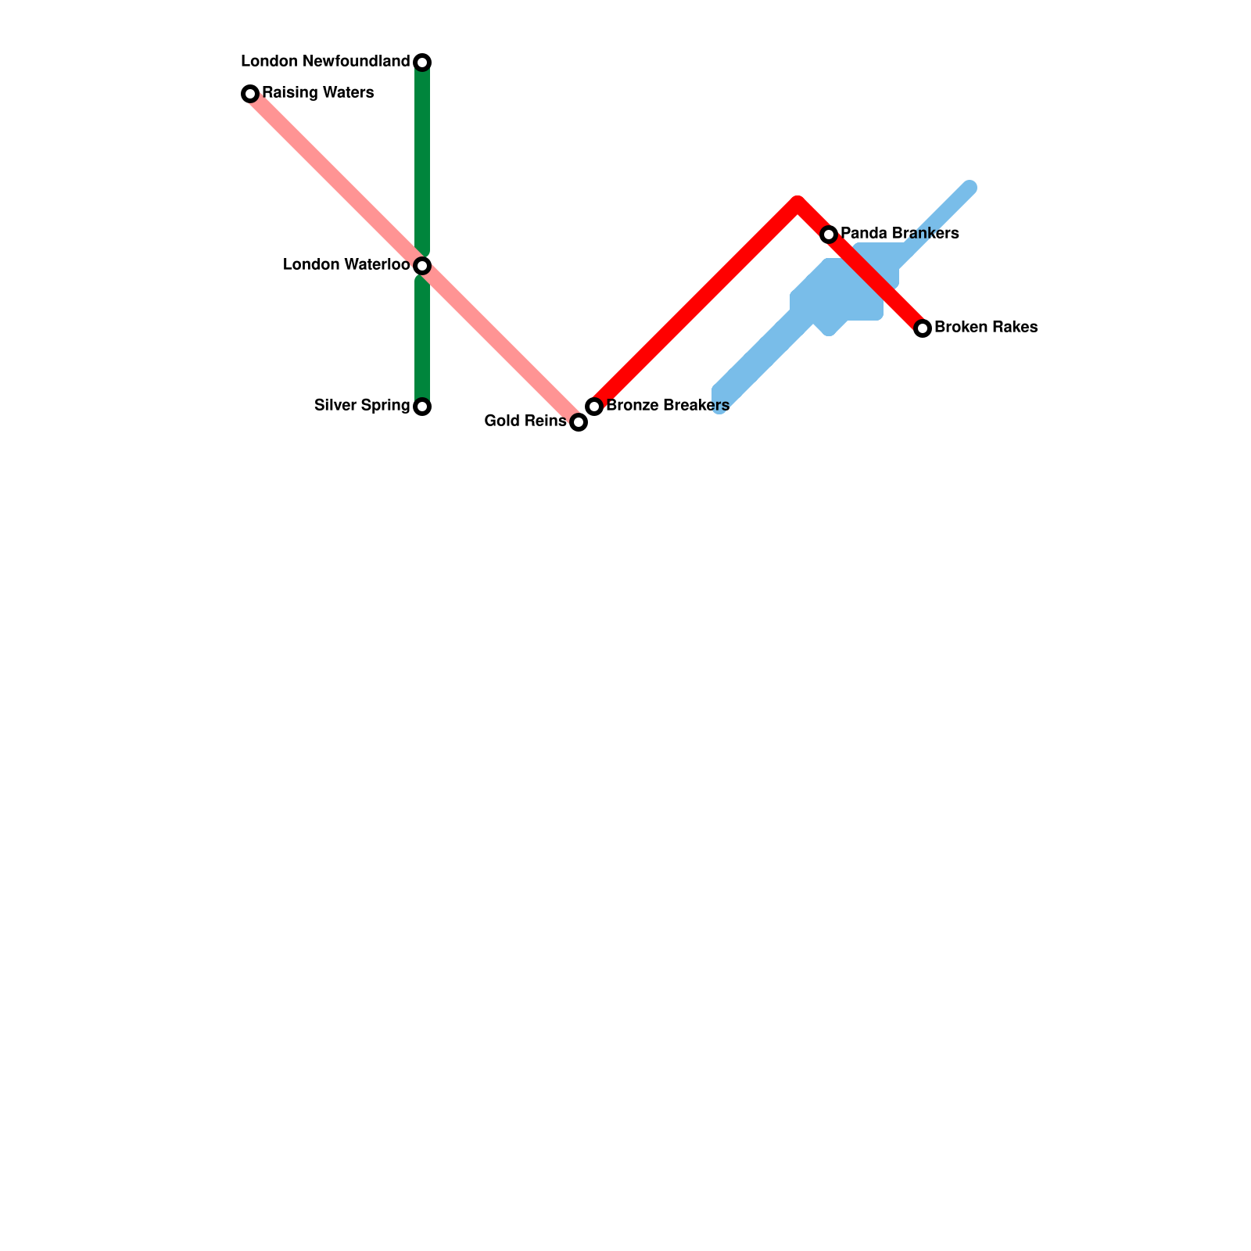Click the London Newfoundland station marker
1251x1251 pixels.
(422, 62)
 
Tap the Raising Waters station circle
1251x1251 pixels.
(250, 94)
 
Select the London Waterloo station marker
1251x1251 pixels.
(422, 266)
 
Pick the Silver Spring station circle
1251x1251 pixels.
(422, 407)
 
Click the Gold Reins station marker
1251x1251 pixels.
(579, 422)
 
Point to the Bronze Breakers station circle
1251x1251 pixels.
(594, 407)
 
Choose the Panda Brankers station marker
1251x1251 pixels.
(829, 235)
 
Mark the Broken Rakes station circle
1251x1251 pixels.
(923, 328)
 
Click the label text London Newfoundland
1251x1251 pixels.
(325, 62)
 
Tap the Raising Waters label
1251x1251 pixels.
(318, 93)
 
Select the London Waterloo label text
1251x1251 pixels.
(346, 265)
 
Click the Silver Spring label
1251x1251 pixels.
(362, 406)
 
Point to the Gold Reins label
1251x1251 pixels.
(525, 421)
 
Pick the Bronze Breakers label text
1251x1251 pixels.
(668, 406)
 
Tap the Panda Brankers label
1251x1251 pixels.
(900, 234)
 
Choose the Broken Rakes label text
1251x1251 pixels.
(986, 328)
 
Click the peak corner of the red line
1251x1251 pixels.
(798, 204)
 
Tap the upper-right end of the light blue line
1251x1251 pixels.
(970, 188)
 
